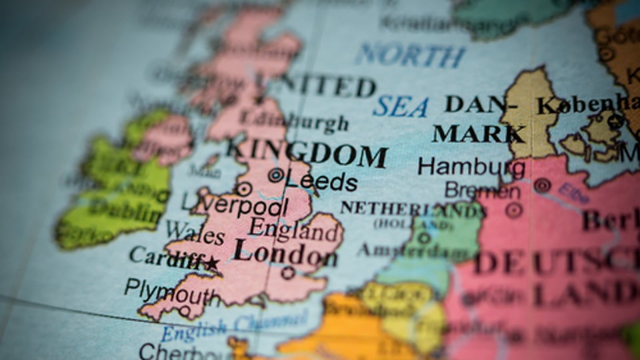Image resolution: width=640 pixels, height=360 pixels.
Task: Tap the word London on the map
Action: pos(285,254)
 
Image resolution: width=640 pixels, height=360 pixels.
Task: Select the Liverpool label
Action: pos(235,204)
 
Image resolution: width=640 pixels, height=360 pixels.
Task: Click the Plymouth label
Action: pos(171,291)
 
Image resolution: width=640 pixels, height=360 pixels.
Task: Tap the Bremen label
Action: pos(483,191)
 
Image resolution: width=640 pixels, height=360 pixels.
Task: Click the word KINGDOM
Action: pos(307,154)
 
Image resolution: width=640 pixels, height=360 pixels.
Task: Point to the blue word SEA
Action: pos(400,106)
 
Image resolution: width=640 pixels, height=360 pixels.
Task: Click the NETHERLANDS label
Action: pos(412,209)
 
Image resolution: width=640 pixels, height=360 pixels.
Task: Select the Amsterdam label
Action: pos(412,251)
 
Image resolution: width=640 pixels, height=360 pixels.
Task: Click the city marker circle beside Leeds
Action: pos(275,175)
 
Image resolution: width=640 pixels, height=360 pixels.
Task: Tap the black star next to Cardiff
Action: pos(212,263)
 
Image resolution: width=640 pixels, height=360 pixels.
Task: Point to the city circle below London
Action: pos(288,273)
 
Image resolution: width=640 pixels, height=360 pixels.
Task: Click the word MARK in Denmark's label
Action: pos(477,134)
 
